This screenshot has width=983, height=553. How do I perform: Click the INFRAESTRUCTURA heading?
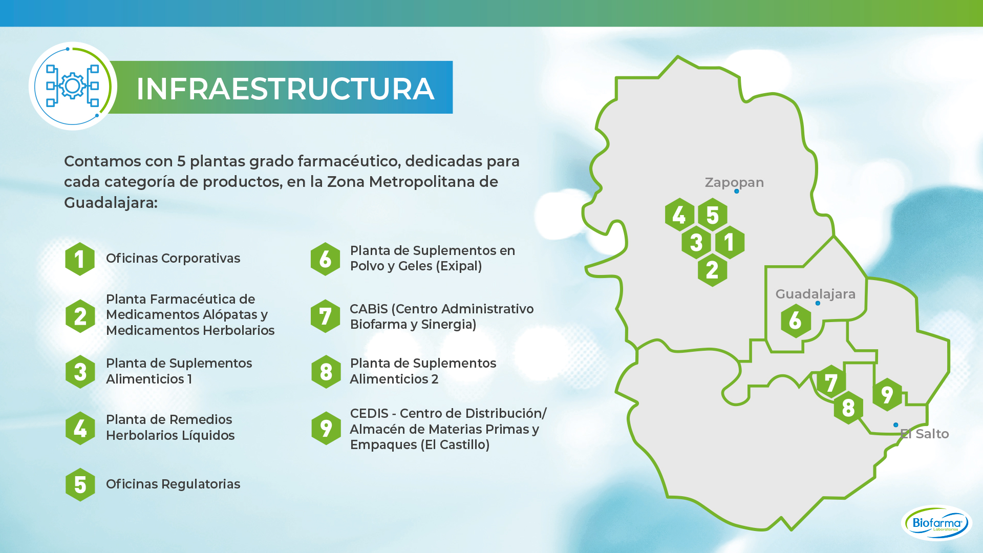tap(285, 89)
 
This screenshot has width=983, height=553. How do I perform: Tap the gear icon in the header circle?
tap(72, 86)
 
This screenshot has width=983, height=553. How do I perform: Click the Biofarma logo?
tap(936, 523)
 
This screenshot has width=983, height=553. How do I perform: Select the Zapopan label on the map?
tap(734, 183)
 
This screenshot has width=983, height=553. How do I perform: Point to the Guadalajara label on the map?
tap(815, 294)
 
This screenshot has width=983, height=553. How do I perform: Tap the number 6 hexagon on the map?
tap(796, 321)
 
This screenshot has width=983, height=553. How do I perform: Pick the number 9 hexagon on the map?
tap(887, 394)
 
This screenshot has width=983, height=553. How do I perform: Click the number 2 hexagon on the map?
tap(712, 269)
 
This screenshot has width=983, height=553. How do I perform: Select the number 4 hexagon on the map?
tap(679, 215)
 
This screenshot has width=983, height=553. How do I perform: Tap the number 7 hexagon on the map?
tap(831, 382)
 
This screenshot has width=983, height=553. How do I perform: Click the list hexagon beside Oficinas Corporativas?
tap(80, 259)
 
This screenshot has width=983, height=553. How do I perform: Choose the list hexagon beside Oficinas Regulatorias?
tap(80, 484)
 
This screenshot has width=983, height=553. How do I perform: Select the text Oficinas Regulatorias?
tap(173, 484)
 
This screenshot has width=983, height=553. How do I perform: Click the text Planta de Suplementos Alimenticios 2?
tap(423, 371)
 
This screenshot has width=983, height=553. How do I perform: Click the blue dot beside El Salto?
tap(895, 425)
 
